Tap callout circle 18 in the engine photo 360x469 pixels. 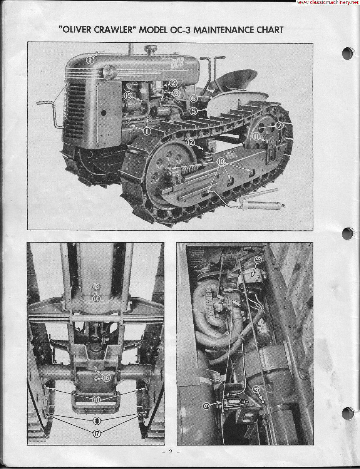tap(258, 260)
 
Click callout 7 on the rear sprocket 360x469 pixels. tap(279, 125)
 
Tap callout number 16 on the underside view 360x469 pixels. tap(106, 378)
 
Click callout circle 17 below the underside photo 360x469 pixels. tap(96, 433)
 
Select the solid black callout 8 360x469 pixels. tap(96, 420)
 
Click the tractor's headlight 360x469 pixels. tap(110, 72)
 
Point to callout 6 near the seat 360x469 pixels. tap(194, 99)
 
